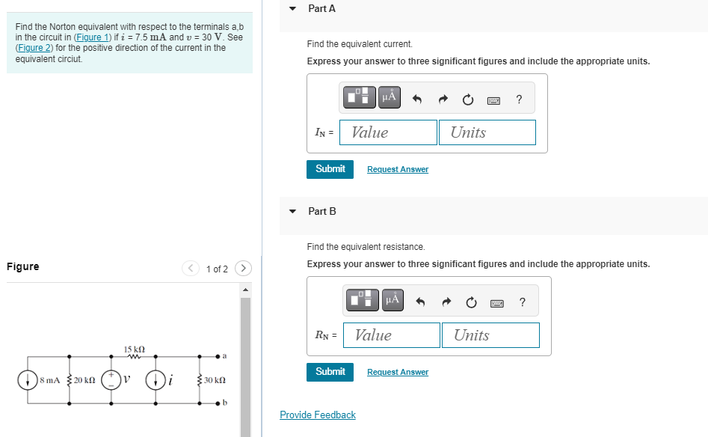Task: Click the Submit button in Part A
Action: (x=330, y=169)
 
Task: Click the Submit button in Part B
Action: (x=330, y=372)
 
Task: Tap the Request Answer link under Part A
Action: (x=398, y=170)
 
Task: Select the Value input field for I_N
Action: (x=388, y=132)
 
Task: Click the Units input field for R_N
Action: (x=490, y=335)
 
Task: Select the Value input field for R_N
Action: (x=391, y=335)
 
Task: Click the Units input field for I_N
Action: (x=487, y=132)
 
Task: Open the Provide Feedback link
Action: (x=318, y=415)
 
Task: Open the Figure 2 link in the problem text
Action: (x=34, y=48)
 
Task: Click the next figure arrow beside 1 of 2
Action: (x=243, y=268)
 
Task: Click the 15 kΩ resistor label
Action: (x=134, y=349)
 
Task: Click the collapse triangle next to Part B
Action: (x=292, y=212)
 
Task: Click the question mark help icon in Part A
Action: (x=519, y=99)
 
